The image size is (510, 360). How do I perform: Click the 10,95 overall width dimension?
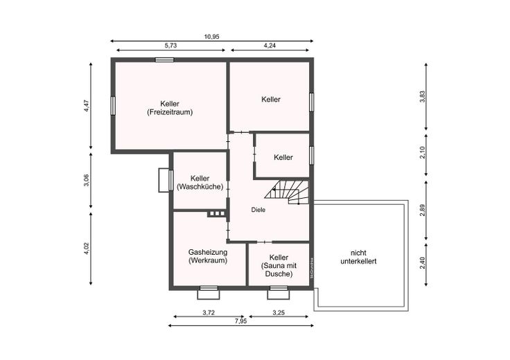(x=211, y=37)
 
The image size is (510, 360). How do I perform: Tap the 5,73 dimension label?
(x=170, y=46)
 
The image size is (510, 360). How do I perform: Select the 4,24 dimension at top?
(x=270, y=46)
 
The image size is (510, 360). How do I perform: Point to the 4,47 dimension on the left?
(x=86, y=106)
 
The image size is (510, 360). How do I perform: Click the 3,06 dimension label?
(x=86, y=180)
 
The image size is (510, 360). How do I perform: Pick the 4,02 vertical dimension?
(x=86, y=249)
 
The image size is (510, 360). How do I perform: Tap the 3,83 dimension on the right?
(x=422, y=96)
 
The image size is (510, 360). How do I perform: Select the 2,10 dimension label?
(x=422, y=153)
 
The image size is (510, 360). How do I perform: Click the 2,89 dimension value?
(x=422, y=210)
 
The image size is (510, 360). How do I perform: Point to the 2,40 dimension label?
(x=422, y=263)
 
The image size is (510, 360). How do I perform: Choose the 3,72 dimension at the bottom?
(x=209, y=313)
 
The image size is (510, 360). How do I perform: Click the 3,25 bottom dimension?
(x=279, y=313)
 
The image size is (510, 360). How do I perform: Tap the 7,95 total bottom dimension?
(x=240, y=321)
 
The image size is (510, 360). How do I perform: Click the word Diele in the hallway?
(x=258, y=210)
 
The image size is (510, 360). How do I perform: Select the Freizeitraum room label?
(x=170, y=112)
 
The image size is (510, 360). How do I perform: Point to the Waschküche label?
(x=200, y=187)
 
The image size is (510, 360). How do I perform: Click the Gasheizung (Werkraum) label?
(x=208, y=256)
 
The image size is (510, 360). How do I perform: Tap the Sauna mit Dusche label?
(x=279, y=270)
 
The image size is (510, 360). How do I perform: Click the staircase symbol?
(x=287, y=192)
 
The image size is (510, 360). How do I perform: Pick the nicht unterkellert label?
(x=358, y=257)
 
